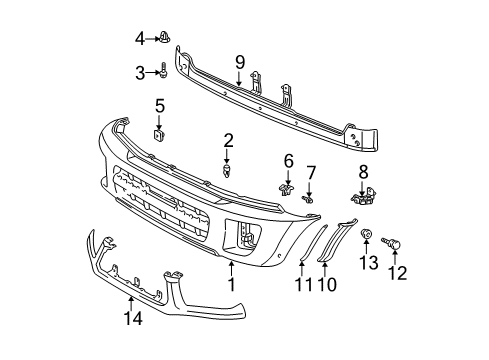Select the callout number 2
228,140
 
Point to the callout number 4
140,39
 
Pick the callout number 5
160,105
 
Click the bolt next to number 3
160,71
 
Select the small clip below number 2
228,170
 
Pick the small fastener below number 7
309,200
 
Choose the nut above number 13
368,237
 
